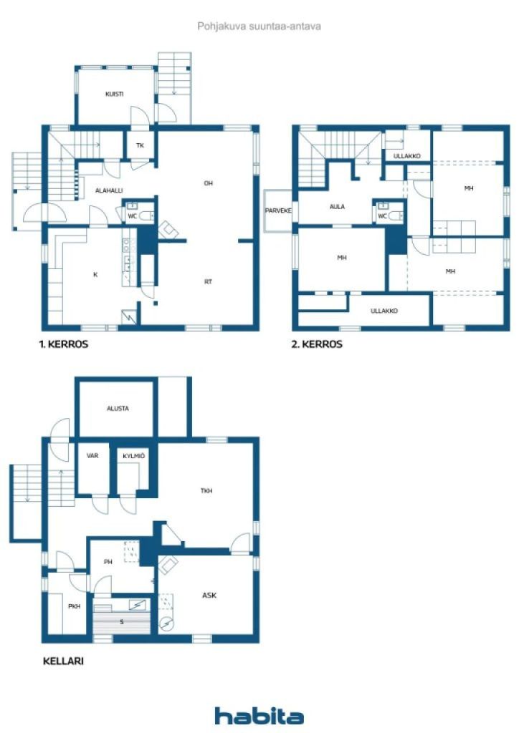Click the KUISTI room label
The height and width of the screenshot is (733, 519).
[x=114, y=94]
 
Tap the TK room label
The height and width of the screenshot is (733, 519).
[x=140, y=146]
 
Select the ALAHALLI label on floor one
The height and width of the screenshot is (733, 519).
[x=109, y=190]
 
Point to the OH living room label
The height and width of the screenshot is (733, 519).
[x=208, y=183]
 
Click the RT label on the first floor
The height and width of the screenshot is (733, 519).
[x=208, y=281]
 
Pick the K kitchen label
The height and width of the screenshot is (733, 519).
[x=95, y=274]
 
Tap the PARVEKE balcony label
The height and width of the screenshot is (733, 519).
[x=277, y=210]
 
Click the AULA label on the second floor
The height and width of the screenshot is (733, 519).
[x=337, y=207]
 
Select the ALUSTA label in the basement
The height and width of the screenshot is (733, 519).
[x=118, y=408]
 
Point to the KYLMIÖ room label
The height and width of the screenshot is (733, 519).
[x=134, y=455]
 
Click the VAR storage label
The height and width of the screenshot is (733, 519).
[x=92, y=455]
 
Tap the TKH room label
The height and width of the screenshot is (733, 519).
[x=207, y=491]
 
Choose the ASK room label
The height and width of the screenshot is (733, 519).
[x=209, y=595]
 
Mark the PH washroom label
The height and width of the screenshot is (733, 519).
[x=108, y=562]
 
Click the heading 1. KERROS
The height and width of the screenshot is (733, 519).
[x=64, y=344]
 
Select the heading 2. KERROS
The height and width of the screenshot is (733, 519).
[x=317, y=344]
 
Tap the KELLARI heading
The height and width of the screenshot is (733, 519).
[x=64, y=661]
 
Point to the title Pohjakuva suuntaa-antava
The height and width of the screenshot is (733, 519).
[x=259, y=26]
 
